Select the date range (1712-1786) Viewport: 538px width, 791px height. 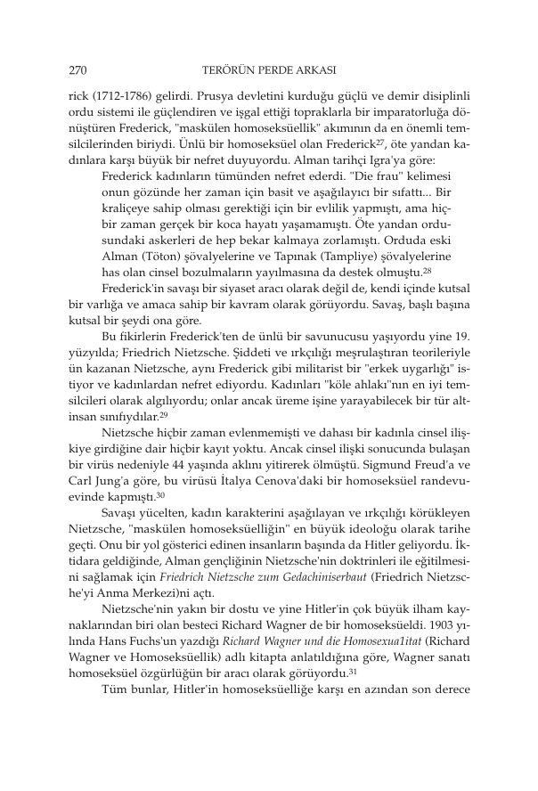[117, 94]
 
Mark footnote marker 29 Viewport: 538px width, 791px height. [165, 413]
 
